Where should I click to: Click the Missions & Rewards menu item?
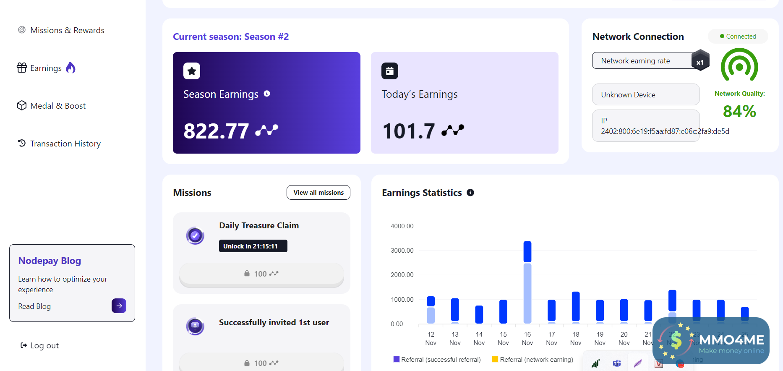coord(67,30)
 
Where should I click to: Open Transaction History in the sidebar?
coord(65,144)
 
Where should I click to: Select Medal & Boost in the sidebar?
coord(57,106)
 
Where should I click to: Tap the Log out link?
coord(44,345)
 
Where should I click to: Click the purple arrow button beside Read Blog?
coord(119,306)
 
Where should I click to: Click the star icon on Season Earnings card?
coord(192,71)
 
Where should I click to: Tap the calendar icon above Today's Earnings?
coord(390,71)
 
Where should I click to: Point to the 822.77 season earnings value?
coord(216,131)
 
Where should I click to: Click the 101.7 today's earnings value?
coord(409,131)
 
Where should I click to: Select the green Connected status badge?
coord(738,37)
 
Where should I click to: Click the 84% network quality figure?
coord(739,111)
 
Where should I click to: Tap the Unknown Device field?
coord(645,95)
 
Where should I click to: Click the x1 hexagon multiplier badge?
coord(700,61)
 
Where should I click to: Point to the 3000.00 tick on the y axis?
coord(402,251)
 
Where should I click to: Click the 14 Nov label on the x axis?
coord(479,338)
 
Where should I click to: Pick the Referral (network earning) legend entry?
coord(532,360)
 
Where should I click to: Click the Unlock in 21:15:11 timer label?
coord(253,246)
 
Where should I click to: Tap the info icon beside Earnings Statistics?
coord(470,193)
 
